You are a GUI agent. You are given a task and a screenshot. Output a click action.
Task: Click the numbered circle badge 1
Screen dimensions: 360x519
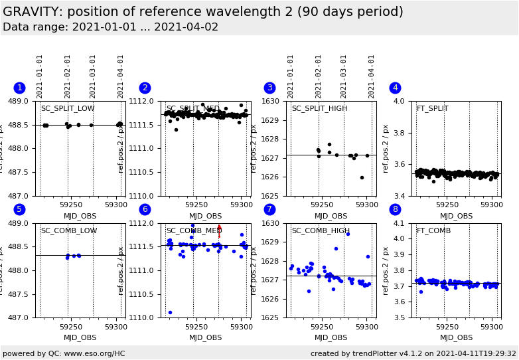point(19,88)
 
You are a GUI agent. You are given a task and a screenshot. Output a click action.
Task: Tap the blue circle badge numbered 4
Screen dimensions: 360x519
point(395,88)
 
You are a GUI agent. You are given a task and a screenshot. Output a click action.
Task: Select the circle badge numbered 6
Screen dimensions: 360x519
point(145,209)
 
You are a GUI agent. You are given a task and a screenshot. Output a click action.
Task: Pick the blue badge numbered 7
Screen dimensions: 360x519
point(269,209)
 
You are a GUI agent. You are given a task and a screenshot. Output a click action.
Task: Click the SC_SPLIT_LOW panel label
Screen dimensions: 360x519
point(68,109)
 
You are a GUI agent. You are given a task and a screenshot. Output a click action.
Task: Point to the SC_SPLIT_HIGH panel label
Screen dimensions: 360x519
point(319,109)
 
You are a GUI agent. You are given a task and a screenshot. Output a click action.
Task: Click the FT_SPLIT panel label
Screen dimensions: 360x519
point(432,109)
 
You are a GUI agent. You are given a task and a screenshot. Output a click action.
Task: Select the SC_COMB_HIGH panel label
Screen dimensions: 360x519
point(321,231)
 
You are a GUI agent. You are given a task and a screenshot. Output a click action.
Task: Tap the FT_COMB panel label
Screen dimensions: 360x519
point(433,231)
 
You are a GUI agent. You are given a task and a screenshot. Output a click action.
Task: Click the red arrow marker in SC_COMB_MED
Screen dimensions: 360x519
point(219,230)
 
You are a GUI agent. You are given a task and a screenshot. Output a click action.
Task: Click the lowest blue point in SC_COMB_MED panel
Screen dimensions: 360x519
point(170,312)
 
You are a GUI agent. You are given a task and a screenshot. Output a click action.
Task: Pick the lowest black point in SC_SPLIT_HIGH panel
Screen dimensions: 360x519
point(362,177)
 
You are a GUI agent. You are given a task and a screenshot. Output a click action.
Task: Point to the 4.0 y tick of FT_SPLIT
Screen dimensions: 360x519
point(399,102)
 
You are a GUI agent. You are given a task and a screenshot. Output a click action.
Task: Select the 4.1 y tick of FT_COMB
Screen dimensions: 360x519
point(399,224)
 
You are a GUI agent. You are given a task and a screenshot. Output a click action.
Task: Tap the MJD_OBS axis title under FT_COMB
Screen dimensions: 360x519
point(457,338)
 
